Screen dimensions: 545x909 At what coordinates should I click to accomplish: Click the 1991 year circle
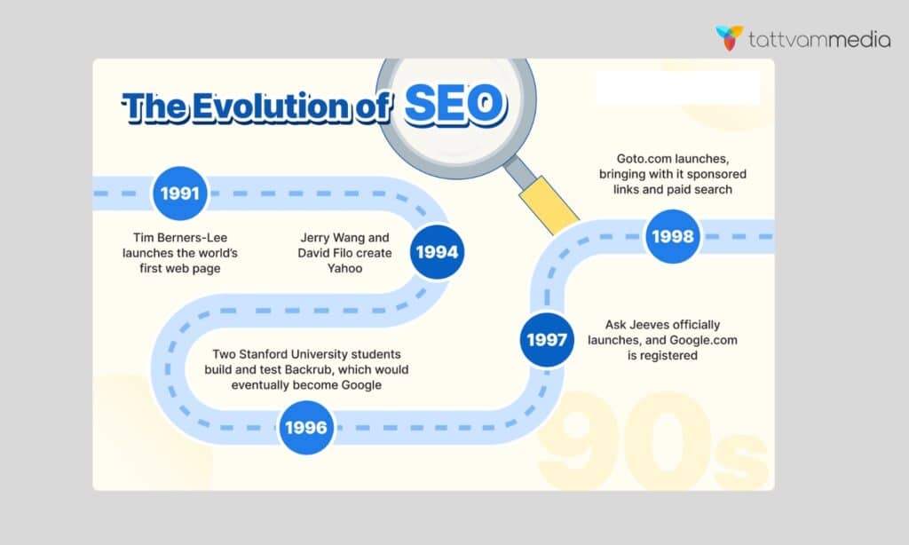tap(181, 193)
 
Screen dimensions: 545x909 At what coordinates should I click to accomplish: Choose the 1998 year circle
tap(673, 236)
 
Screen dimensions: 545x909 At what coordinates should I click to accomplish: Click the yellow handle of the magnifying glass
tap(547, 203)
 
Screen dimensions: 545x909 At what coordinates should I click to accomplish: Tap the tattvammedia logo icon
tap(730, 38)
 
